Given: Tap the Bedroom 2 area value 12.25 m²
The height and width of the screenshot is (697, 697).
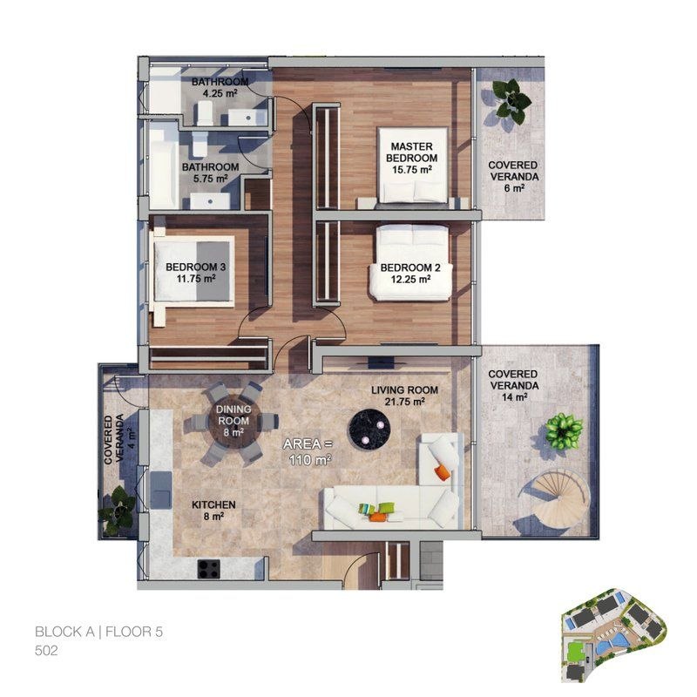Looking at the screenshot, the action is coord(410,280).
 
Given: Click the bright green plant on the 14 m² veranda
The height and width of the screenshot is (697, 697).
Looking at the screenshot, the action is coord(563,431).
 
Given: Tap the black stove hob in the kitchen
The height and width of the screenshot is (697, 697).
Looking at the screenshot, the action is coord(209,568).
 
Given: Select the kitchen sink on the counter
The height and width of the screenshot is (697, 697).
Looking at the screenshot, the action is coord(161,490).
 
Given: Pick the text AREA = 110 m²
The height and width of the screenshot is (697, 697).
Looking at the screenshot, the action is coord(309,452).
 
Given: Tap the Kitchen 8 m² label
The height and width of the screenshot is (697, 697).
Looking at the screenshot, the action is coord(213,511).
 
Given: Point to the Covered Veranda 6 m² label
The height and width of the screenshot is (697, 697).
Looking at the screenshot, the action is coord(513,177).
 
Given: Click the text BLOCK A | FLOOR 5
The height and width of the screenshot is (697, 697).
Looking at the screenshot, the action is coord(98,632).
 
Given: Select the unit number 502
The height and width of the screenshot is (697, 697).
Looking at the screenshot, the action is coord(46,651).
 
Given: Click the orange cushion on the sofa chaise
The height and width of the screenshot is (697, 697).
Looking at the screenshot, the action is coord(443,471).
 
